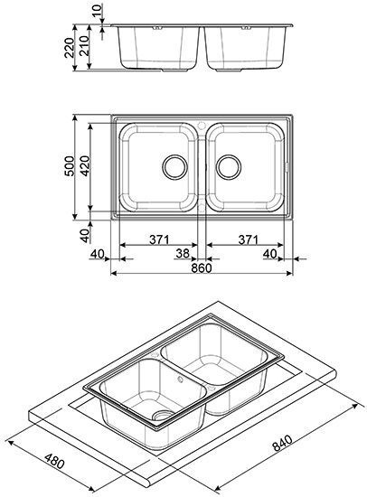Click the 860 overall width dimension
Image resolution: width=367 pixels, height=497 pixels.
point(202,267)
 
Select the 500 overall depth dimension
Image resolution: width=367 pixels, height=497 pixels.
point(69,165)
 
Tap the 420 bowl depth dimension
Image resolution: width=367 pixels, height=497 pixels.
point(85,165)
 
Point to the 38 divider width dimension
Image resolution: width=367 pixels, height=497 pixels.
point(183,254)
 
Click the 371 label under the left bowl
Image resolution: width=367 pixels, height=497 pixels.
point(159,239)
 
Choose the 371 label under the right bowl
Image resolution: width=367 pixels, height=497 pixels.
point(248,239)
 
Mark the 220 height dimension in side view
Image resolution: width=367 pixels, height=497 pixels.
point(69,48)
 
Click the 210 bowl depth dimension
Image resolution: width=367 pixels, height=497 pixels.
point(84,46)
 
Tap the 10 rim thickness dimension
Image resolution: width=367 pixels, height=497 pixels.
point(98,11)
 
